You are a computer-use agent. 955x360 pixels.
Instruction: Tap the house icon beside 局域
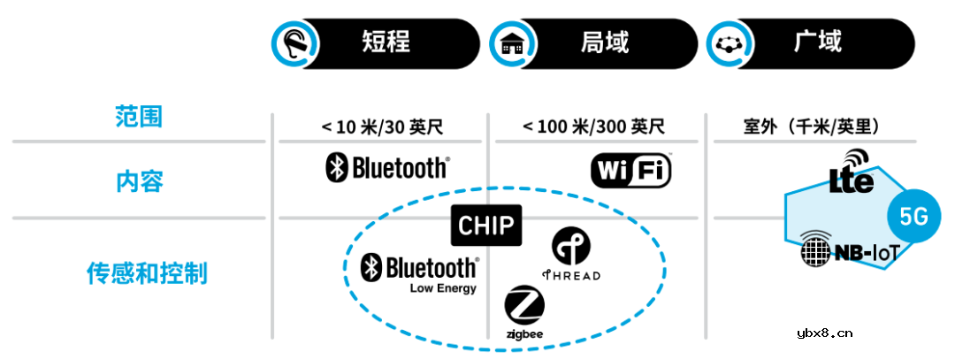(512, 42)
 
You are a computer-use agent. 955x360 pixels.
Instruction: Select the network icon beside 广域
(729, 42)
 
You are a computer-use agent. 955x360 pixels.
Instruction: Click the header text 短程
(386, 42)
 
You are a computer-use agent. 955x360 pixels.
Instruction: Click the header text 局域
(605, 42)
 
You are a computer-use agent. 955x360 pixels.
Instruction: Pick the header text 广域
(818, 42)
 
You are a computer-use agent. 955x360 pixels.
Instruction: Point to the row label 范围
(139, 117)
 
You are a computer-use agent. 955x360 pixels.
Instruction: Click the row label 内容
(139, 181)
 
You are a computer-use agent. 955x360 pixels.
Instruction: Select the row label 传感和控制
(147, 272)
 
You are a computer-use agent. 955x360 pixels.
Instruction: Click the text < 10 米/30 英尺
(381, 126)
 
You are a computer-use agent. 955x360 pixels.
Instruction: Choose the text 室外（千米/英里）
(813, 126)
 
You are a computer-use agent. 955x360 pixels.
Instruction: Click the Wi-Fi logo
(630, 170)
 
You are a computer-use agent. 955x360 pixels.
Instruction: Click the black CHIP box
(485, 225)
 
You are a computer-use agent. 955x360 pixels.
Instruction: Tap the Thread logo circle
(570, 247)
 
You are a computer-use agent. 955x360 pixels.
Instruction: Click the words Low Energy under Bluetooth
(442, 288)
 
